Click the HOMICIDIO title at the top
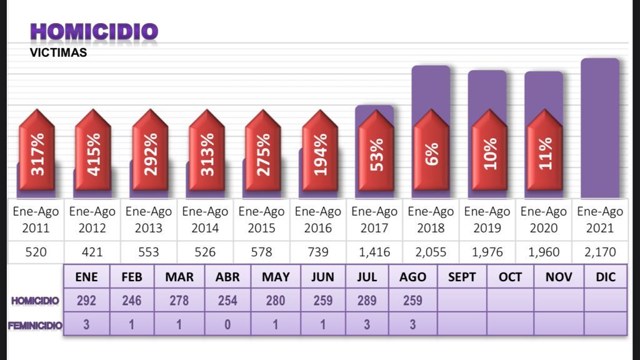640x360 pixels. point(94,31)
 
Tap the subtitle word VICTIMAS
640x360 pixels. point(58,53)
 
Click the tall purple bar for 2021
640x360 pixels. point(599,128)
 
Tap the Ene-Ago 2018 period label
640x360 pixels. point(431,219)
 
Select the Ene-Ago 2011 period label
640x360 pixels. point(36,219)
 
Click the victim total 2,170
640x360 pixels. point(599,252)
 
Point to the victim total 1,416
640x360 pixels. point(374,252)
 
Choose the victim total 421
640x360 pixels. point(92,252)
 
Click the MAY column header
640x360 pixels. point(276,277)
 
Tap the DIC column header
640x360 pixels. point(606,277)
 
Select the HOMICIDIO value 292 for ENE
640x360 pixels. point(86,301)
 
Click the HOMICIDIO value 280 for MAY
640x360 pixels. point(276,301)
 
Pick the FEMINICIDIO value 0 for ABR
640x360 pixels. point(227,324)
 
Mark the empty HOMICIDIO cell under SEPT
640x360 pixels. point(462,301)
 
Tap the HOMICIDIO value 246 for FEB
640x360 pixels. point(132,301)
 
